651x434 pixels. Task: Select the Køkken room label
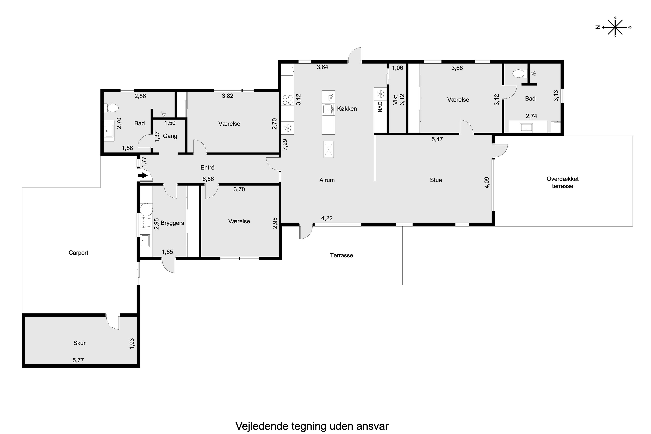pyautogui.click(x=347, y=109)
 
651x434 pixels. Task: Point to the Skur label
pyautogui.click(x=79, y=343)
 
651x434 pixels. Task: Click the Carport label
pyautogui.click(x=78, y=253)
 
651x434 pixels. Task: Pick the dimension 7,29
pyautogui.click(x=285, y=145)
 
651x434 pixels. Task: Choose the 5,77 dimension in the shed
pyautogui.click(x=78, y=360)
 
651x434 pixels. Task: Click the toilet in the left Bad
pyautogui.click(x=111, y=108)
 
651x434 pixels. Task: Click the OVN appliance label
pyautogui.click(x=380, y=107)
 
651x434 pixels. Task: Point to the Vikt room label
pyautogui.click(x=395, y=100)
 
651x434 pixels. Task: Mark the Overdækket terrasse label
pyautogui.click(x=562, y=182)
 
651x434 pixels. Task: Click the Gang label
pyautogui.click(x=170, y=136)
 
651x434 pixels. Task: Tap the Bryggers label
pyautogui.click(x=172, y=223)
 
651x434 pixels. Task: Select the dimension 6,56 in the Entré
pyautogui.click(x=208, y=179)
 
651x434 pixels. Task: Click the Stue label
pyautogui.click(x=436, y=180)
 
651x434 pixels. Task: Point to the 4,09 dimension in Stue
pyautogui.click(x=487, y=183)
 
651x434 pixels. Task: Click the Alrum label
pyautogui.click(x=327, y=180)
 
